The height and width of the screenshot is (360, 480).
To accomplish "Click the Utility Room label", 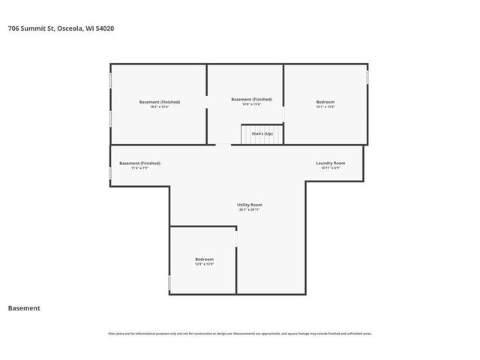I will pyautogui.click(x=249, y=204).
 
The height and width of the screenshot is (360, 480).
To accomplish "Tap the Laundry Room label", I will pyautogui.click(x=330, y=163).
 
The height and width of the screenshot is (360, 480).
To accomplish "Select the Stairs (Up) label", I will pyautogui.click(x=262, y=133).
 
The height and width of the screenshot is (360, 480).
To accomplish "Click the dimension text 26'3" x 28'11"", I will pyautogui.click(x=249, y=209).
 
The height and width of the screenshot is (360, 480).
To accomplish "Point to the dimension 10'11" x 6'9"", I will pyautogui.click(x=330, y=167).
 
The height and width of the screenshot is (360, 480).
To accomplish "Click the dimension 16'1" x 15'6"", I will pyautogui.click(x=325, y=106).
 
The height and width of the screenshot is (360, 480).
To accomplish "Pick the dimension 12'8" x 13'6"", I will pyautogui.click(x=204, y=264).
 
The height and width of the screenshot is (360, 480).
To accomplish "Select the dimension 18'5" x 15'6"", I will pyautogui.click(x=159, y=106).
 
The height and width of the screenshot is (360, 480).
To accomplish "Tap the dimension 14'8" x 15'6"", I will pyautogui.click(x=251, y=103).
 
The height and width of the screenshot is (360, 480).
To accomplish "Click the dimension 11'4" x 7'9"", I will pyautogui.click(x=139, y=167).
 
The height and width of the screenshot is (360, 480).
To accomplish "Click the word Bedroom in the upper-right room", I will pyautogui.click(x=325, y=102).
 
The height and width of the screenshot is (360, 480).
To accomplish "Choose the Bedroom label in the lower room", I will pyautogui.click(x=204, y=259).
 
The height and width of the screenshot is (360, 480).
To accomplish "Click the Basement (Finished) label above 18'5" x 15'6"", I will pyautogui.click(x=159, y=102).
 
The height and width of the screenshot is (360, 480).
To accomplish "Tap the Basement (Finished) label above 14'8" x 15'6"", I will pyautogui.click(x=251, y=99).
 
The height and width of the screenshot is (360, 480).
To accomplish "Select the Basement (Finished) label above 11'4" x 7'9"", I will pyautogui.click(x=139, y=163).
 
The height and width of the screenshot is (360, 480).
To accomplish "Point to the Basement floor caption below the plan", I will pyautogui.click(x=24, y=307).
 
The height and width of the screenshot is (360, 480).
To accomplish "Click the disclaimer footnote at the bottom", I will pyautogui.click(x=240, y=334).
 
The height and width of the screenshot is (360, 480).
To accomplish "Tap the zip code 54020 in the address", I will pyautogui.click(x=104, y=28).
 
